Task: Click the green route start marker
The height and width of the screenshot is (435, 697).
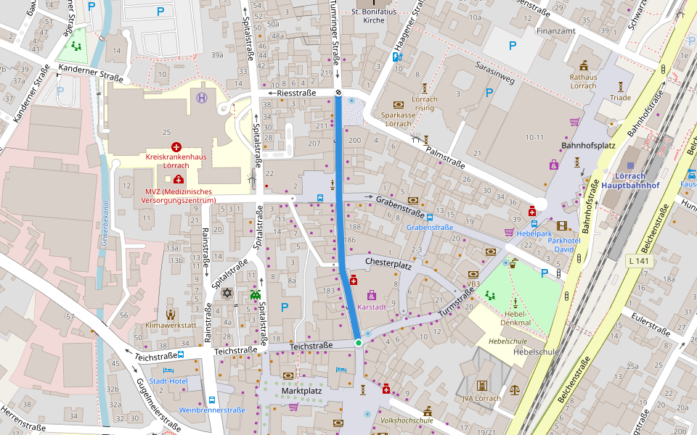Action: tap(358, 342)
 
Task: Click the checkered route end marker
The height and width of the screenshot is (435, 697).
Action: tap(338, 93)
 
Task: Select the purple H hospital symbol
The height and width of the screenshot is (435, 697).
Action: tap(201, 97)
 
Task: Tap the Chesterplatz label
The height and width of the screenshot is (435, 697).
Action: tap(388, 262)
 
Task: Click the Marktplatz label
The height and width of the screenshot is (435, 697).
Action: tap(301, 391)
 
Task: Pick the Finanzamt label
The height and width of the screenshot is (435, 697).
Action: tap(555, 31)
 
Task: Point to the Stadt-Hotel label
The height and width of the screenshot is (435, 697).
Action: tap(168, 381)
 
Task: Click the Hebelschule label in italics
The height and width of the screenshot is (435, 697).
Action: tap(508, 340)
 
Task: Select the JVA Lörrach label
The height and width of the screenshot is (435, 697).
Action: tap(481, 398)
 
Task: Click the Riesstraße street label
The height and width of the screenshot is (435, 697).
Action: tap(293, 94)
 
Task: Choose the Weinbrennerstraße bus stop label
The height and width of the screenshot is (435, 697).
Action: tap(212, 410)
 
